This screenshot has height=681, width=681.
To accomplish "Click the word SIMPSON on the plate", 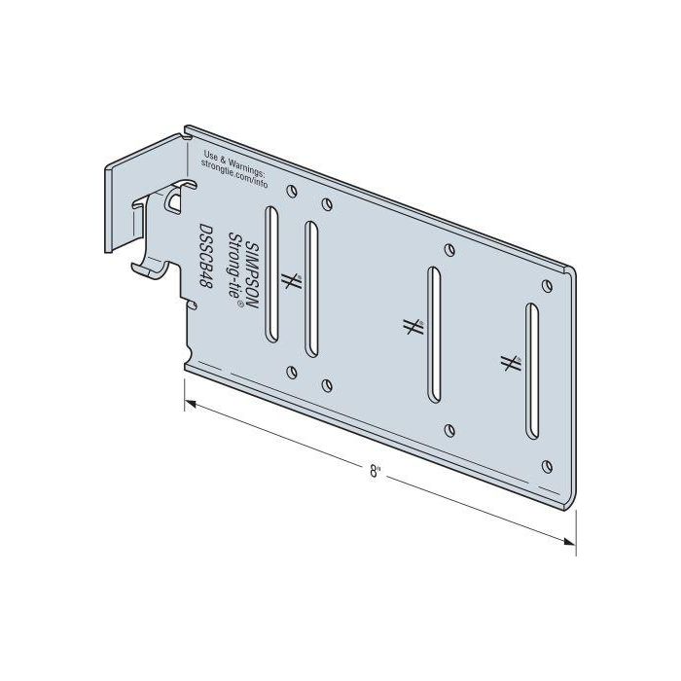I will pyautogui.click(x=250, y=275).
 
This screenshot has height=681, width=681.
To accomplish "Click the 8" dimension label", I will pyautogui.click(x=376, y=471).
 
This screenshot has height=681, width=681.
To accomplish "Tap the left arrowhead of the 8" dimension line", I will pyautogui.click(x=192, y=402).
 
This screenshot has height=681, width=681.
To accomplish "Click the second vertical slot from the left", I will pyautogui.click(x=311, y=290).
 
